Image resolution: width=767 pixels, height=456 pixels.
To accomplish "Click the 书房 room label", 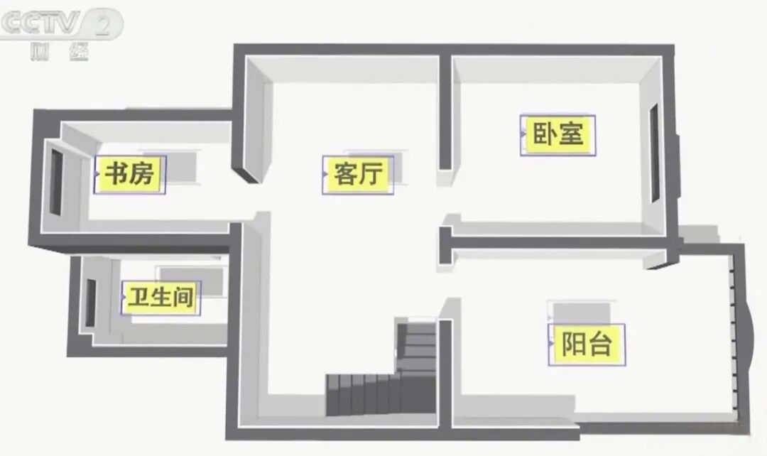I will pyautogui.click(x=130, y=174).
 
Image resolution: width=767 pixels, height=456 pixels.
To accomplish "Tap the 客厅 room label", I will pyautogui.click(x=358, y=174).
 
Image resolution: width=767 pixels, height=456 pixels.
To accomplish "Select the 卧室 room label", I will pyautogui.click(x=558, y=134).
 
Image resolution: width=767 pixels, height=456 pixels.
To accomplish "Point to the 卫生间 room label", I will pyautogui.click(x=161, y=298).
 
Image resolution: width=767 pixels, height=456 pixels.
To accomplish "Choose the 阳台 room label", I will pyautogui.click(x=587, y=344).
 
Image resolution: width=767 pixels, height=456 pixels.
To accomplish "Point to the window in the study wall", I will pyautogui.click(x=55, y=183).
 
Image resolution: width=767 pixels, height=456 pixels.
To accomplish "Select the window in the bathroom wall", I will pyautogui.click(x=91, y=303).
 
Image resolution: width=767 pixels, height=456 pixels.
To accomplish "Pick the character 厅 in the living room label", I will pyautogui.click(x=371, y=174).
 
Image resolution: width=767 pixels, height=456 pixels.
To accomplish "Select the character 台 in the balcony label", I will pyautogui.click(x=602, y=344).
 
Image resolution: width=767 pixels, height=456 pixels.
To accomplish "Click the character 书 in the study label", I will pyautogui.click(x=116, y=174).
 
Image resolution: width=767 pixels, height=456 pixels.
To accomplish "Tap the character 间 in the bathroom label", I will pyautogui.click(x=183, y=298).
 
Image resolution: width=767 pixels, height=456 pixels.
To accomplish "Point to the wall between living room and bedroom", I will pyautogui.click(x=445, y=114).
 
